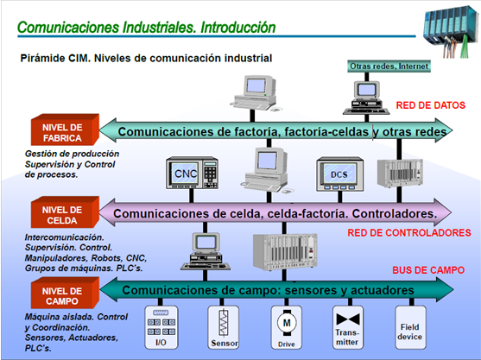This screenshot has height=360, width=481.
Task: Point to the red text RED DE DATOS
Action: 430,105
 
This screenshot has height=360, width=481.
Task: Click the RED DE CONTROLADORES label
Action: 408,233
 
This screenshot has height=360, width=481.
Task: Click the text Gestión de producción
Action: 54,153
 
